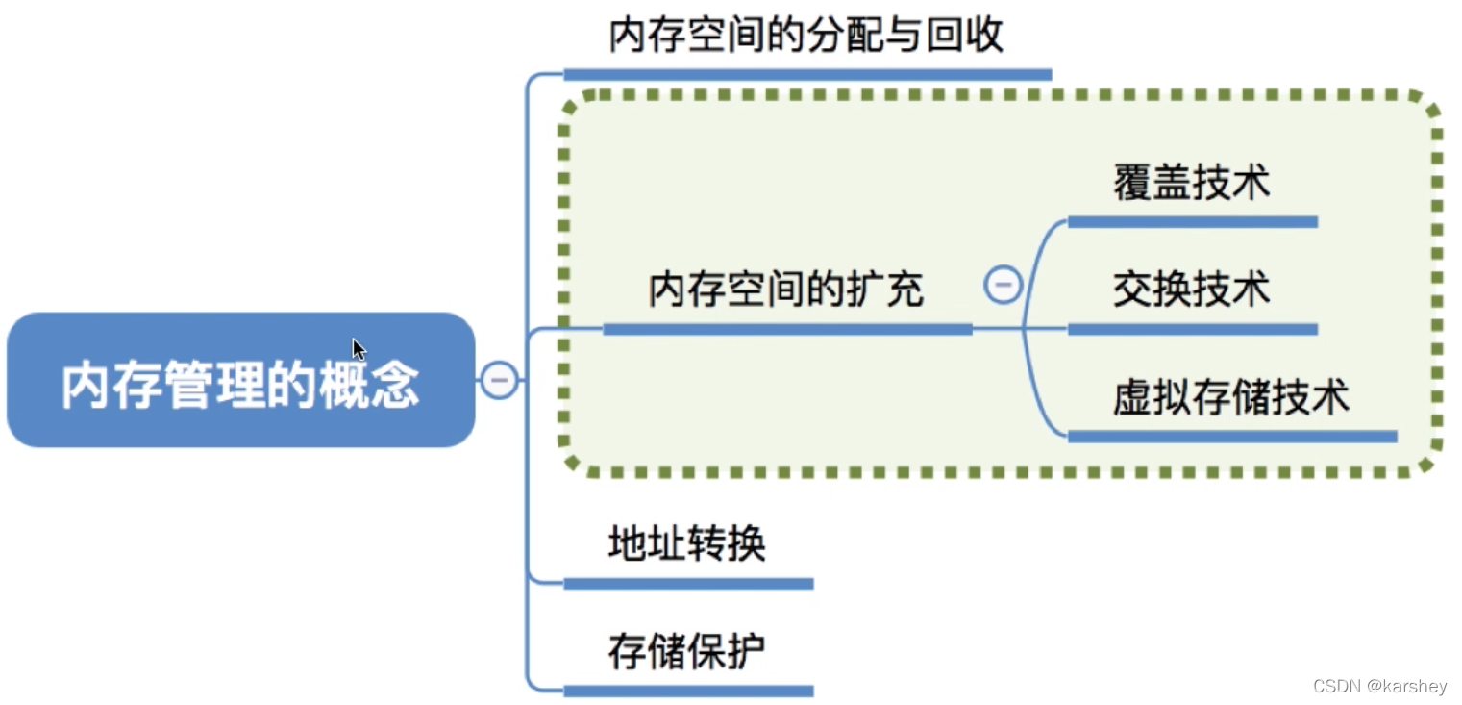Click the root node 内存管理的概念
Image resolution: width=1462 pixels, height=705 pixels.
click(x=240, y=381)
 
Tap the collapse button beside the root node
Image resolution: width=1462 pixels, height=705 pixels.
click(x=499, y=381)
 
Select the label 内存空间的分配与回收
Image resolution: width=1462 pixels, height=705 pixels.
click(x=806, y=36)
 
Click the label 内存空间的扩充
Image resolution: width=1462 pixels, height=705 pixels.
click(x=785, y=290)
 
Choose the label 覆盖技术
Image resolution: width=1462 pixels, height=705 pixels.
click(x=1191, y=182)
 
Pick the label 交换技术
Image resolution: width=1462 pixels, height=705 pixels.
click(x=1191, y=289)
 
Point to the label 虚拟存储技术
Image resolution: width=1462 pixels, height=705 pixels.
click(x=1231, y=396)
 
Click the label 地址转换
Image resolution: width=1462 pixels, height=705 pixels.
click(x=686, y=544)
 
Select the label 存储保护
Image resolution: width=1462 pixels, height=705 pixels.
click(x=686, y=652)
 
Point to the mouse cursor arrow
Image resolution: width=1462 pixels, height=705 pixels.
click(x=358, y=348)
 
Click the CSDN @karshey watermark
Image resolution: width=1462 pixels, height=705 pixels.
click(x=1379, y=686)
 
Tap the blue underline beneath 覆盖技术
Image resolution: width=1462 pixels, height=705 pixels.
click(x=1192, y=222)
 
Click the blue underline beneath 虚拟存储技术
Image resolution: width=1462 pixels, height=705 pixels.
click(x=1231, y=437)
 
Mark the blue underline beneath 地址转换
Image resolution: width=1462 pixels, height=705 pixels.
click(x=688, y=583)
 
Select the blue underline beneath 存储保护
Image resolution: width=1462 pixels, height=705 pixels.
click(x=688, y=691)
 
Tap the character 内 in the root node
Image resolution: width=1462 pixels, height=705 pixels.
click(x=85, y=386)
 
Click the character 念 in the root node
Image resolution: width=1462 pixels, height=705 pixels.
click(x=395, y=386)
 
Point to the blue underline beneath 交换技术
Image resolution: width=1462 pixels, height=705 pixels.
click(x=1192, y=329)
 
